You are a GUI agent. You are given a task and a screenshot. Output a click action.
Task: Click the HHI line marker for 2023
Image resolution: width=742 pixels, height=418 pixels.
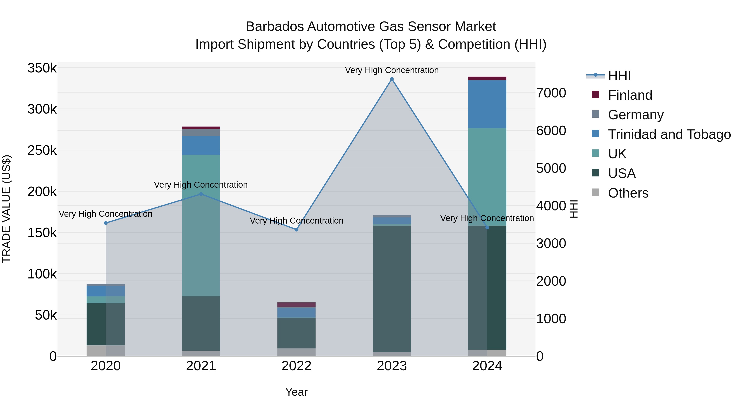(392, 79)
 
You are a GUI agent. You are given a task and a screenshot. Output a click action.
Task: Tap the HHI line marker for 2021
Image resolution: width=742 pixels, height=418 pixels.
(201, 194)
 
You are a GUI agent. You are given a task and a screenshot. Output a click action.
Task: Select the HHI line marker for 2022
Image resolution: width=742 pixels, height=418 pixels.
(296, 230)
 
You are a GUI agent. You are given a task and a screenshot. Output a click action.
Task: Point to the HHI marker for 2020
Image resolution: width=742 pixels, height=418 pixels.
(106, 223)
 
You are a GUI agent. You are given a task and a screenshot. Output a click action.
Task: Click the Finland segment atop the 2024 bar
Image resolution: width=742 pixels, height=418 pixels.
(487, 78)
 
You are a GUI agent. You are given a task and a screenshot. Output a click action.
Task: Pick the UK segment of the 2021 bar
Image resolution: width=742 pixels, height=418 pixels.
(201, 225)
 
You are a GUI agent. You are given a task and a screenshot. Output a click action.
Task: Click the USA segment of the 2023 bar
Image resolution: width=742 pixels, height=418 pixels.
(392, 289)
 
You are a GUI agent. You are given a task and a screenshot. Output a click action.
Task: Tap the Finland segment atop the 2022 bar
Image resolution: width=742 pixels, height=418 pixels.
(296, 305)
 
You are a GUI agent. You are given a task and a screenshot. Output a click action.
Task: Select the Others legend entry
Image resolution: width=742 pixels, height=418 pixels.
(628, 193)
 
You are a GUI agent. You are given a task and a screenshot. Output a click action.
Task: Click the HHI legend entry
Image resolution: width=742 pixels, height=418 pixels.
(619, 76)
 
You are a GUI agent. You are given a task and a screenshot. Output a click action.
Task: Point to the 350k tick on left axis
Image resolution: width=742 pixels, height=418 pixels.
(42, 68)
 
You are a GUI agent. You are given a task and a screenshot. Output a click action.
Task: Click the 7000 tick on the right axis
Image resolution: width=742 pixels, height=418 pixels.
(551, 93)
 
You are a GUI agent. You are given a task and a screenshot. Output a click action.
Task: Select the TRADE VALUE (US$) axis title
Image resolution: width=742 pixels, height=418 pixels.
(7, 209)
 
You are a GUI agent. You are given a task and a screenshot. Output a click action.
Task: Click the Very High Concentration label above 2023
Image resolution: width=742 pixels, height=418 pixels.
(392, 70)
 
